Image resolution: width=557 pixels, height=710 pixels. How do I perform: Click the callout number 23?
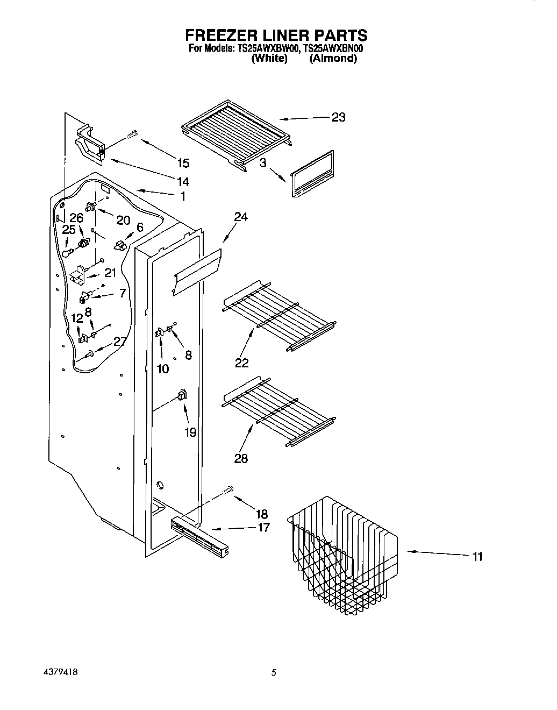(x=338, y=117)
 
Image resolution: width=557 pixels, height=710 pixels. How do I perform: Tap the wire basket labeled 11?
(x=344, y=554)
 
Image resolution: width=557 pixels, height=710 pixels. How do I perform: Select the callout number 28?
(x=241, y=458)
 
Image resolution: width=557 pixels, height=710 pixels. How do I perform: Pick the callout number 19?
(x=190, y=432)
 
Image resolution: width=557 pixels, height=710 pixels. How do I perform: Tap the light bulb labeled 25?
(x=67, y=252)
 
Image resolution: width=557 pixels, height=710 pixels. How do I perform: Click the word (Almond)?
(x=333, y=59)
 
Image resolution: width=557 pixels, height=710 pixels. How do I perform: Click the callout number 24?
(x=240, y=217)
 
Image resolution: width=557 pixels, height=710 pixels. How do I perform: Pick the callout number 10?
(x=162, y=368)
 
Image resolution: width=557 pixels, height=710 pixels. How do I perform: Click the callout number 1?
(x=182, y=196)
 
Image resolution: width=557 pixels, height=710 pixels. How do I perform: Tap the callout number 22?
(x=241, y=363)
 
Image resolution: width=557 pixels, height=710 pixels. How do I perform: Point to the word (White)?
(x=269, y=59)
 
